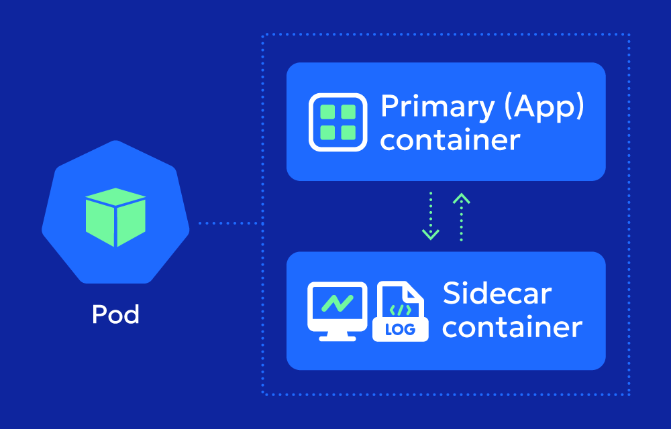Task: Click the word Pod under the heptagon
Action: click(x=115, y=314)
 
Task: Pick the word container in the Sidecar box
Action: click(x=512, y=328)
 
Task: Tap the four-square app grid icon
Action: click(x=338, y=122)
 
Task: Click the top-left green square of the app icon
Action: click(x=327, y=112)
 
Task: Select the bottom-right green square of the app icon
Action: click(x=348, y=133)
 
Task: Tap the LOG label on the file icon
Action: click(x=401, y=329)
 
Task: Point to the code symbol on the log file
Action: click(x=400, y=309)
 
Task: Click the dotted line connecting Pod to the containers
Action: click(x=228, y=223)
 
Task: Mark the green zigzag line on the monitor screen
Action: click(x=337, y=304)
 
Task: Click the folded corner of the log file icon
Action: click(x=417, y=290)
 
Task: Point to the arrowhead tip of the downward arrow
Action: click(x=430, y=237)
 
